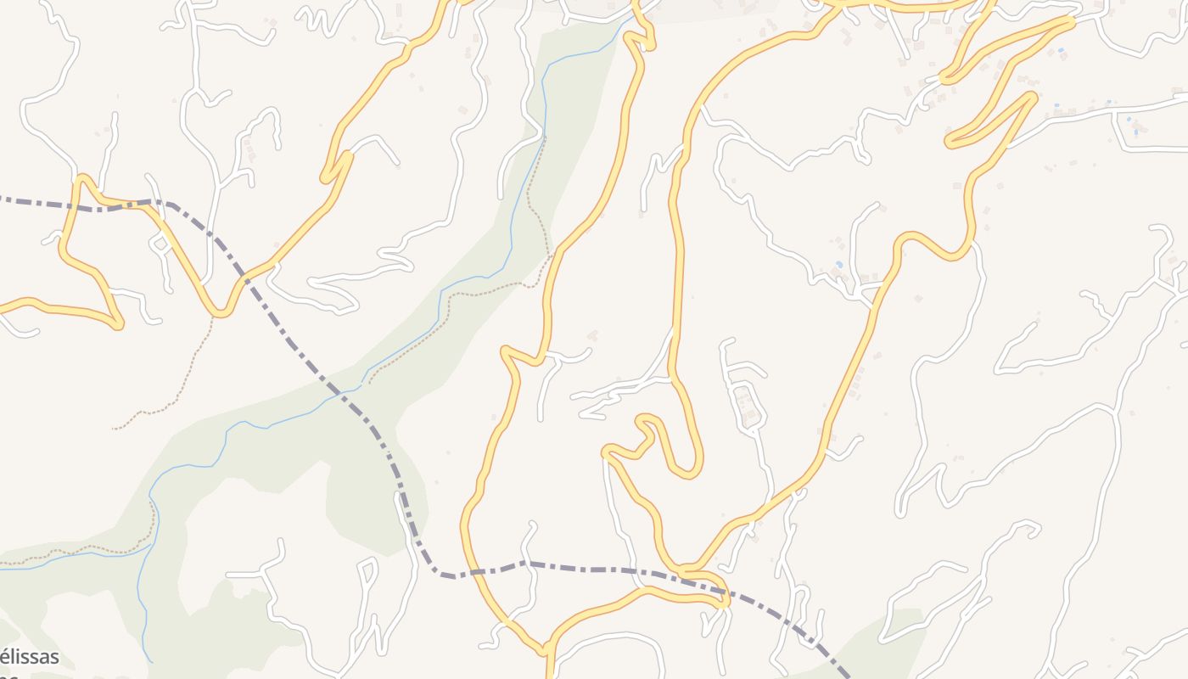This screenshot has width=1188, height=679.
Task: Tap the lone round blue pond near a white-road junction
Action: (x=839, y=266)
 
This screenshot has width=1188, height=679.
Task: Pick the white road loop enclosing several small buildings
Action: (x=747, y=405)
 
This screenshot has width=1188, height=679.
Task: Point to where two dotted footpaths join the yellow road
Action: (x=552, y=255)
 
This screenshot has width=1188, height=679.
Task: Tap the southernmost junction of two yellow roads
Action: (x=547, y=653)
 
